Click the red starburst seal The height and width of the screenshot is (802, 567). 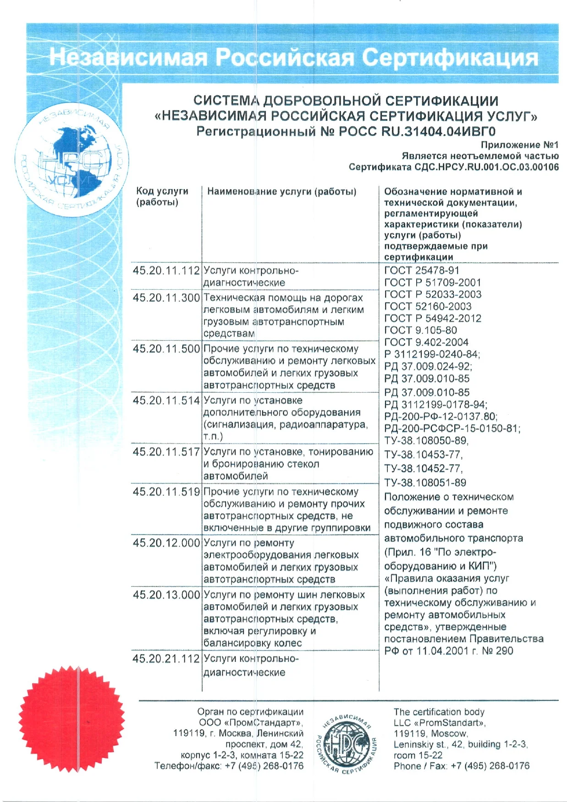tap(72, 719)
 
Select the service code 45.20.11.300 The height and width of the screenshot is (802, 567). tap(166, 298)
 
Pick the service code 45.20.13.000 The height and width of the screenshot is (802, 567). tap(166, 595)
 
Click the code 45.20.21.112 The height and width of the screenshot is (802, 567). tap(166, 659)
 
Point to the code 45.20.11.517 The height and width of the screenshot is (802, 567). tap(166, 452)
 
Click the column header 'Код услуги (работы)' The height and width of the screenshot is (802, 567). tap(162, 197)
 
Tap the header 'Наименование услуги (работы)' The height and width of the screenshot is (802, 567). tap(282, 192)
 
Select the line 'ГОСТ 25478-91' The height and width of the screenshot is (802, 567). tap(421, 271)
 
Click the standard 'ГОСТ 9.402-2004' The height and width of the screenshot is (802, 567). tap(426, 342)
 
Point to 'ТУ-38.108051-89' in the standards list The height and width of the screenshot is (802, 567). tap(425, 483)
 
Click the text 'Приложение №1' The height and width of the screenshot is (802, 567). tap(519, 145)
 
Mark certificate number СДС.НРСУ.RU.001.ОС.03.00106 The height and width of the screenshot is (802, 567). tap(486, 167)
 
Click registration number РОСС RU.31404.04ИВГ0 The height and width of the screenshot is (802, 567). tap(417, 132)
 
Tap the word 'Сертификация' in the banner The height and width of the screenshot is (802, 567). tap(450, 58)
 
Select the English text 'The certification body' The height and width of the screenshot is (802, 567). tap(439, 712)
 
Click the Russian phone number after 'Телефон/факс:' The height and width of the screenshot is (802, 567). tap(264, 766)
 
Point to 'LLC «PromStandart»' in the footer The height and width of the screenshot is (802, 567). tap(439, 723)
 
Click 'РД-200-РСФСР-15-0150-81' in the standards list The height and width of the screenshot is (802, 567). tap(452, 429)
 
